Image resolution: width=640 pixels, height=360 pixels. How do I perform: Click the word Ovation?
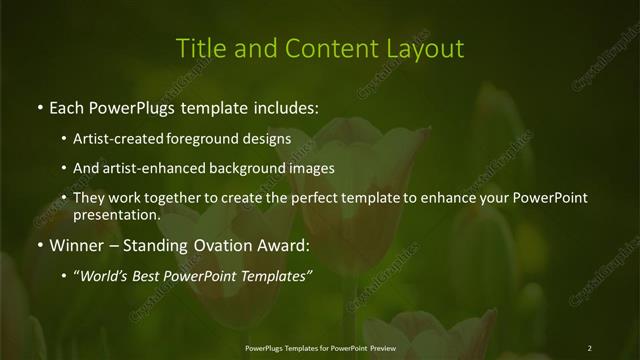(x=220, y=245)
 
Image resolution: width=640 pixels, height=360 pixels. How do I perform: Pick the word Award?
(x=283, y=245)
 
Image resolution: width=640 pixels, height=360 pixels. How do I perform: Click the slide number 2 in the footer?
(x=589, y=347)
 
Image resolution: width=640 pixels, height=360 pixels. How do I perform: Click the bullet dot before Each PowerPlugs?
(x=39, y=106)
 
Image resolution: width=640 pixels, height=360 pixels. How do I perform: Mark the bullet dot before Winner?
(x=39, y=246)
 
